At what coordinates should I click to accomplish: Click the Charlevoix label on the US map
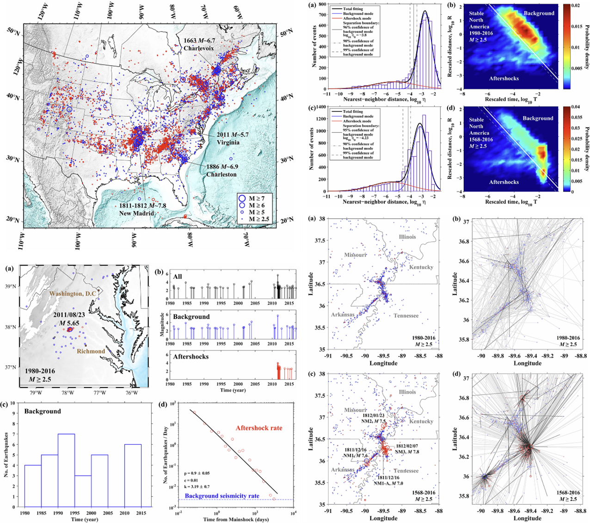pos(199,48)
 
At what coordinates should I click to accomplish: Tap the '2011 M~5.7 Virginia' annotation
pos(233,138)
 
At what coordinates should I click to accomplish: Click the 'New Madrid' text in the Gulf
pos(136,213)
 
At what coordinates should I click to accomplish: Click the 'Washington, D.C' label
pos(76,294)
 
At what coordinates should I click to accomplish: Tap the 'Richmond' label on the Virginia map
pos(91,351)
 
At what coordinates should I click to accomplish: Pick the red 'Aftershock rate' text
pos(258,428)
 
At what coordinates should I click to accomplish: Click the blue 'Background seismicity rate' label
pos(222,496)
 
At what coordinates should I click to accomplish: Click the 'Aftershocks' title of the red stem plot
pos(191,357)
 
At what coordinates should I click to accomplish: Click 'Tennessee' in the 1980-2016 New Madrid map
pos(406,315)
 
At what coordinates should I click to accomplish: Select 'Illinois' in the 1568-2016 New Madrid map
pos(407,392)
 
